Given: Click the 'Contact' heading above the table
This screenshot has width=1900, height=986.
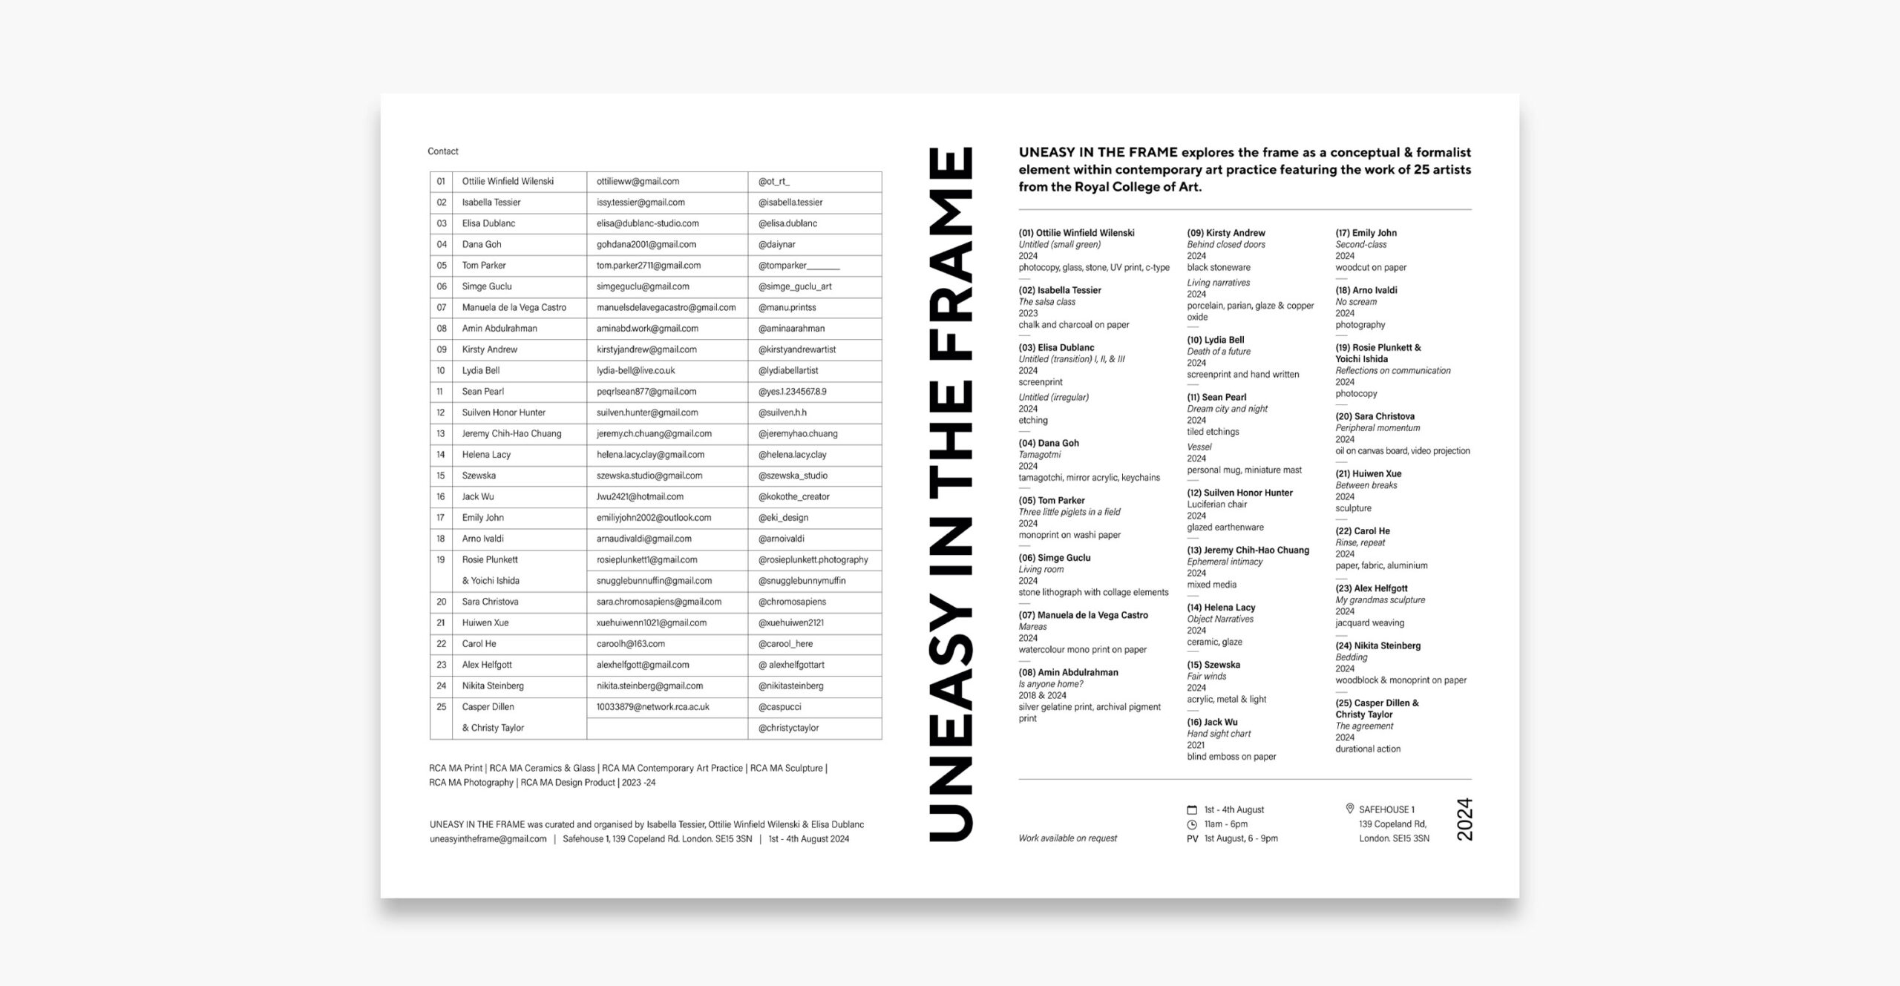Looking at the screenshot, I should pos(443,151).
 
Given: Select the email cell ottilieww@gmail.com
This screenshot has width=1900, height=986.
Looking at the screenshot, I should pos(638,182).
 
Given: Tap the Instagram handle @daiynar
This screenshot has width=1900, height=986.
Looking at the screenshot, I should pos(776,245).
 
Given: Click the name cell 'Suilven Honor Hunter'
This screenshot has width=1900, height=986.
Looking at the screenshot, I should pos(503,413).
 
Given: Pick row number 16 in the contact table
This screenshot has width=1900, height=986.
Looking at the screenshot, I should pos(441,497).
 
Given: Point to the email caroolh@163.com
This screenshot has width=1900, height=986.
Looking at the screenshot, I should pos(630,644).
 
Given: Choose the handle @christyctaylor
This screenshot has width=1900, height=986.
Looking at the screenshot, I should pos(788,729).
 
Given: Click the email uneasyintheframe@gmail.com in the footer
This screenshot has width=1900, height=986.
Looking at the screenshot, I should pos(488,839).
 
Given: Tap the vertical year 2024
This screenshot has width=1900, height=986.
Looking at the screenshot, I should pos(1464,819).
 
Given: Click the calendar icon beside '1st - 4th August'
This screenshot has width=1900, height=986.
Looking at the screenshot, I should pos(1192,810).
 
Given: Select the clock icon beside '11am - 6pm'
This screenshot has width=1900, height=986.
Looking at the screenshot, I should pos(1192,824).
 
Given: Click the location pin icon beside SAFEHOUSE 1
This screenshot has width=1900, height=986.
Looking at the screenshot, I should pos(1349,809).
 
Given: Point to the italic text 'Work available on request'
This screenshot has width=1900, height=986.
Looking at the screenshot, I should pos(1067,838).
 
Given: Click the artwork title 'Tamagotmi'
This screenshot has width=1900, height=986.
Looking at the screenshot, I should pos(1039,455).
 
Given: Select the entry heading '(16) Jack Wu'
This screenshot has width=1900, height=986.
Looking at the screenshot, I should pos(1212,723).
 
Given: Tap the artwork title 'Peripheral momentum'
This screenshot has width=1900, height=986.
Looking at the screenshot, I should pos(1377,428).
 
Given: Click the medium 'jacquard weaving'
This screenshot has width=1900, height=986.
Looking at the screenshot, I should pos(1369,623).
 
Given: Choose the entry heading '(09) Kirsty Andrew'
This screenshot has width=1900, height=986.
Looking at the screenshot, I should pos(1225,233).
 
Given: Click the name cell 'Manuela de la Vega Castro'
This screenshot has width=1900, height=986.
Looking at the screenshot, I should pos(514,308).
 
